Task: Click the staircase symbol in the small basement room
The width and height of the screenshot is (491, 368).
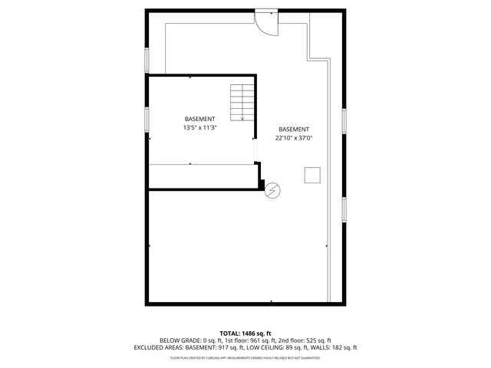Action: [x=241, y=102]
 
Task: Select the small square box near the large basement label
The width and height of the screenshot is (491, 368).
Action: [x=312, y=176]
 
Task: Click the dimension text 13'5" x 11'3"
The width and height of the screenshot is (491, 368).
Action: [x=199, y=128]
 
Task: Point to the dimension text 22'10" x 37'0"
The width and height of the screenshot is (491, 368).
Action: [x=294, y=138]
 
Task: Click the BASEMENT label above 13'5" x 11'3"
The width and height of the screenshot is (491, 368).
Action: [x=199, y=119]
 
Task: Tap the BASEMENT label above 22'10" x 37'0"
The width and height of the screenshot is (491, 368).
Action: [x=294, y=129]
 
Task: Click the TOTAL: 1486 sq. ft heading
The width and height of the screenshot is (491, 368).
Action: [x=245, y=333]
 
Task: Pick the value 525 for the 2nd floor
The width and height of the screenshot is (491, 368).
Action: [x=309, y=340]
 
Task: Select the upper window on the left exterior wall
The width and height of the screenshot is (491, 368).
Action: [x=147, y=60]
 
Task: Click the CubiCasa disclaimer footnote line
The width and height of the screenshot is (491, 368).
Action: [x=245, y=357]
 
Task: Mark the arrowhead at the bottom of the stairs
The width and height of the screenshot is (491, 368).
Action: [x=241, y=120]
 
